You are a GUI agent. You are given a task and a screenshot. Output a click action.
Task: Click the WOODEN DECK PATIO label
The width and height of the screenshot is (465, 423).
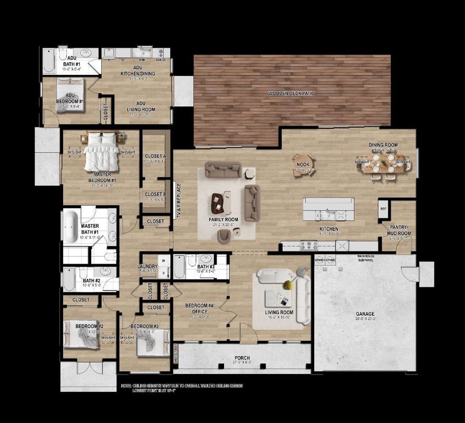[x=292, y=93]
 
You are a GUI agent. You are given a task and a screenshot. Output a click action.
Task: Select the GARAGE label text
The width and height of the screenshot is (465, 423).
[x=365, y=314]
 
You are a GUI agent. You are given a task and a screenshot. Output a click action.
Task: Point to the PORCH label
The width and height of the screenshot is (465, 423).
[x=242, y=359]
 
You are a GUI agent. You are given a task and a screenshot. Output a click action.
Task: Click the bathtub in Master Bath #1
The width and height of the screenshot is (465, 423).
[x=71, y=227]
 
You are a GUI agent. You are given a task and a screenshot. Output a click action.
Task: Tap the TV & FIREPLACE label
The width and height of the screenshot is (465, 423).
[x=179, y=200]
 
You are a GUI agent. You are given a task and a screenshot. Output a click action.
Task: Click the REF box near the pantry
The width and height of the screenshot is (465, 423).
[x=383, y=209]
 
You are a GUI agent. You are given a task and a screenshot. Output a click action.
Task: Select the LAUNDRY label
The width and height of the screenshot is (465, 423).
[x=147, y=267]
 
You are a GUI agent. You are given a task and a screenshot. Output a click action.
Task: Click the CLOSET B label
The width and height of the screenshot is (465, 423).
[x=156, y=194]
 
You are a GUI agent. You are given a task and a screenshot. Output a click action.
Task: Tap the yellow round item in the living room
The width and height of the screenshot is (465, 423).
[x=288, y=285]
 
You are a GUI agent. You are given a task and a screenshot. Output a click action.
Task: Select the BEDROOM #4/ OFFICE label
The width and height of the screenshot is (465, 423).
[x=200, y=309]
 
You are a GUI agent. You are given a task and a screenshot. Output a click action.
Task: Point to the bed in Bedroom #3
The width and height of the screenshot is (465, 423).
[x=151, y=344]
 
